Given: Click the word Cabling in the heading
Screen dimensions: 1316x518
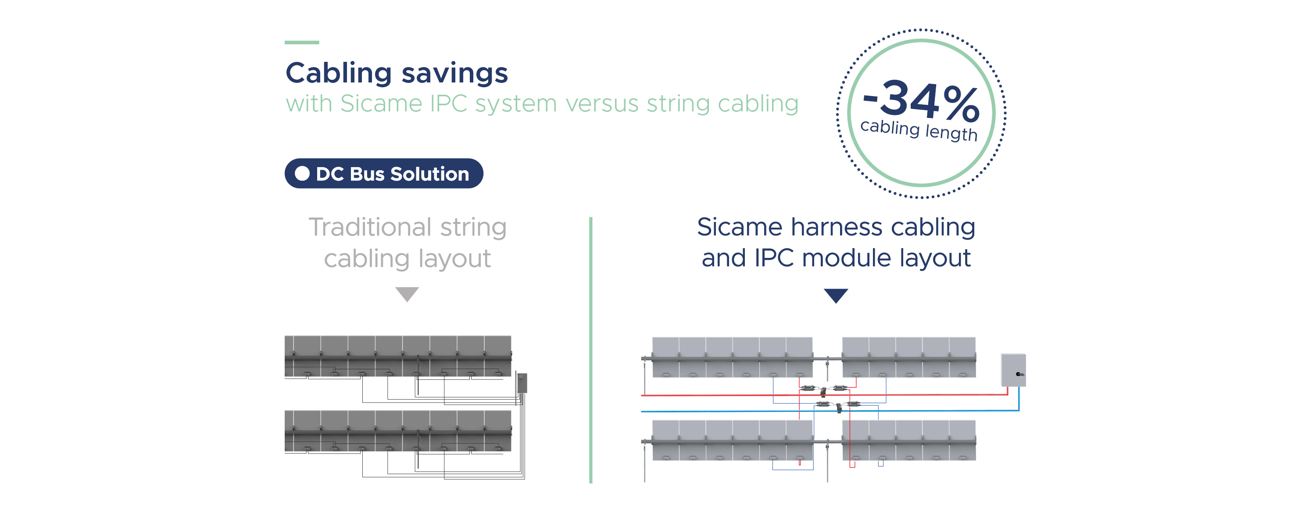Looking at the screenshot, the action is point(339,74).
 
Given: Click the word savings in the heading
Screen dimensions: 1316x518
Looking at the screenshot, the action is point(454,74).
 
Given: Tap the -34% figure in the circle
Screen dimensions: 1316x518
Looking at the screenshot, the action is point(921,100).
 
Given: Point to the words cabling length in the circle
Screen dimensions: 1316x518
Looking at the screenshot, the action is point(919,130).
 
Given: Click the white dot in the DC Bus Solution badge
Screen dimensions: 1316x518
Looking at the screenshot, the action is point(302,174).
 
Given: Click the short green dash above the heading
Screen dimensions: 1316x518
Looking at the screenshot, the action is point(302,43).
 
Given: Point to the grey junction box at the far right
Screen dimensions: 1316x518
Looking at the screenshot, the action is point(1013,370).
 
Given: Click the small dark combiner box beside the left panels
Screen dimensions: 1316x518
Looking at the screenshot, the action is point(522,382).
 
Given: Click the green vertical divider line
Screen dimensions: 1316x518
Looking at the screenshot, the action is point(590,350).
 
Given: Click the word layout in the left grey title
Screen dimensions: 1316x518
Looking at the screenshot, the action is point(454,259).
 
